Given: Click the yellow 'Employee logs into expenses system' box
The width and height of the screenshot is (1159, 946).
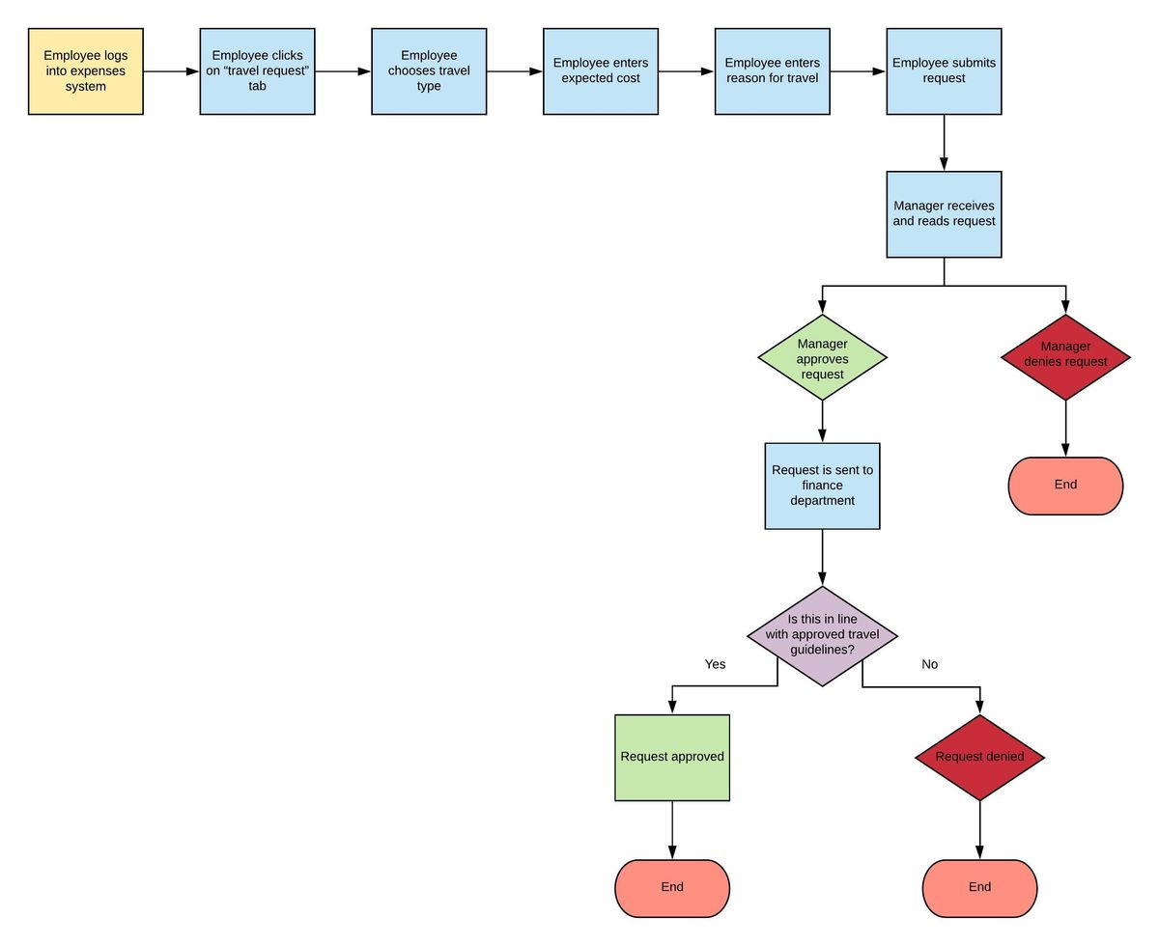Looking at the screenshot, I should point(86,71).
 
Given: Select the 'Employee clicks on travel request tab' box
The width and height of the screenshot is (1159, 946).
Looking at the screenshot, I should point(257,71).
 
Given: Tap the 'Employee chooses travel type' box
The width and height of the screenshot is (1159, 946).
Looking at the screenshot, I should point(429,71).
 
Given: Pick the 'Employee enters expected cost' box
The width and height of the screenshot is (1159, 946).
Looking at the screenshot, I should point(601,71).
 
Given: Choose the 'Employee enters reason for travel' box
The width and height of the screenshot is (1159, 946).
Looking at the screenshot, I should point(772,71).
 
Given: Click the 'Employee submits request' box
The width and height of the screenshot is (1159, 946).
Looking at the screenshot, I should point(944,71).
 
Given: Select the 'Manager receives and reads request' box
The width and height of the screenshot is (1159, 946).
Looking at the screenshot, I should point(944,214).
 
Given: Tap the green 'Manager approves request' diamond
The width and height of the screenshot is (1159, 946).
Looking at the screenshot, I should point(822,358).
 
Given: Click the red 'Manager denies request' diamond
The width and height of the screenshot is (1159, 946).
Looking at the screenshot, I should point(1065,358).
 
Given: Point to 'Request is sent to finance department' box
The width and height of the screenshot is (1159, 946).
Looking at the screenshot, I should point(822,486).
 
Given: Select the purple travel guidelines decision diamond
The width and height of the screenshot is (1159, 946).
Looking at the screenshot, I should point(822,635).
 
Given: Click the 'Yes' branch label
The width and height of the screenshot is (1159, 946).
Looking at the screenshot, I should point(715,664).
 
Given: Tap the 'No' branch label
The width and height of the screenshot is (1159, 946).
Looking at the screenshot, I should point(929,664).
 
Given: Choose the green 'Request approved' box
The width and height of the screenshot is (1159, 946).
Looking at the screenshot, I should point(672,758).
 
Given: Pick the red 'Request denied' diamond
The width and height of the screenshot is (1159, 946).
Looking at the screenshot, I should point(979,758).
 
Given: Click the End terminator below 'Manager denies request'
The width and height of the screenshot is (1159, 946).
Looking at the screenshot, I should point(1065,486).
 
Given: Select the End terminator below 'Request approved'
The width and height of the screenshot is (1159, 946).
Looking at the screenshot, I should point(672,888).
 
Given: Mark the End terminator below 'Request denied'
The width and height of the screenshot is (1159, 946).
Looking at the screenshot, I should point(979,888).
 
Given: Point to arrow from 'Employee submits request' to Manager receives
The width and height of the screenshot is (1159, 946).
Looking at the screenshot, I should point(944,143).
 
